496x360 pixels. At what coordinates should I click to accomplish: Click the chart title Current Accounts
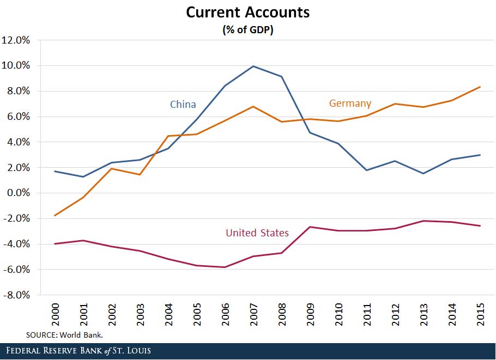(x=247, y=13)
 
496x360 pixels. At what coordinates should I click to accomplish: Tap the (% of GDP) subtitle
(x=247, y=30)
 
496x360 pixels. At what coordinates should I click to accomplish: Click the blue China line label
(x=183, y=105)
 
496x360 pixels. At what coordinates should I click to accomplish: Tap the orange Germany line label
(x=350, y=103)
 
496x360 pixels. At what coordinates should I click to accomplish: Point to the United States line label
(x=257, y=233)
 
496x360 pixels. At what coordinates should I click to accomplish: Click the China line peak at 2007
(x=253, y=66)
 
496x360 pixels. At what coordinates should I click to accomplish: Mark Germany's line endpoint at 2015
(x=480, y=87)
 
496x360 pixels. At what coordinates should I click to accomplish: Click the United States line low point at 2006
(x=225, y=267)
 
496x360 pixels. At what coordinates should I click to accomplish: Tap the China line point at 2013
(x=424, y=173)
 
